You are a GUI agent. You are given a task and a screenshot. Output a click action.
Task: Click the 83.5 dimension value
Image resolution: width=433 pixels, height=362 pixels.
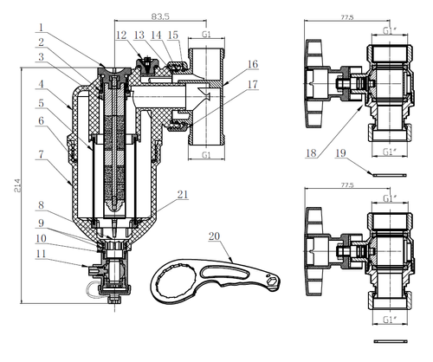pyautogui.click(x=160, y=16)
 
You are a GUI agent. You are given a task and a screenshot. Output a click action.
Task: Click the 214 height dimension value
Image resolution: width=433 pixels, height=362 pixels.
pyautogui.click(x=17, y=185)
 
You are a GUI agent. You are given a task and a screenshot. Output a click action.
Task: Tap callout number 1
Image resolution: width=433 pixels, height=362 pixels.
pyautogui.click(x=42, y=28)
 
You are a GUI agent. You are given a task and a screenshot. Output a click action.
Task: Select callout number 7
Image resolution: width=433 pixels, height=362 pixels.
pyautogui.click(x=42, y=154)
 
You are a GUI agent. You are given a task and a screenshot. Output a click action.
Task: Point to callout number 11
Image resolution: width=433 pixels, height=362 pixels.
pyautogui.click(x=41, y=254)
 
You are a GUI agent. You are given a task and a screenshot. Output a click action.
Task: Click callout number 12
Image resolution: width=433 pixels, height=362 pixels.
pyautogui.click(x=121, y=36)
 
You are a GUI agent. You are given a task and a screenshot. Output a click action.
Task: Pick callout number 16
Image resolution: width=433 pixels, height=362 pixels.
pyautogui.click(x=253, y=64)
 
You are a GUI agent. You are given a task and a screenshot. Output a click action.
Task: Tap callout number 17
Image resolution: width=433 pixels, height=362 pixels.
pyautogui.click(x=252, y=85)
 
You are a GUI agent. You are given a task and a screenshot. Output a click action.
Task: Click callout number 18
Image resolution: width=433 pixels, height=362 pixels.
pyautogui.click(x=311, y=153)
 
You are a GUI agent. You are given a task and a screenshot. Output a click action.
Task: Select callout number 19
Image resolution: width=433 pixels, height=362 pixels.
pyautogui.click(x=340, y=153)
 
